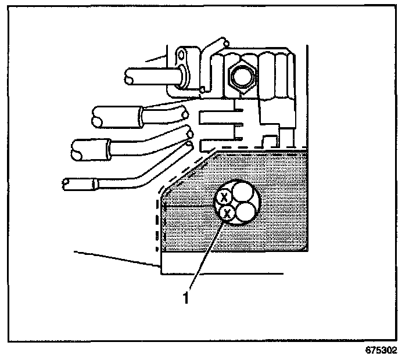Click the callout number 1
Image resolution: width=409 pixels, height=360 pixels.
point(185,298)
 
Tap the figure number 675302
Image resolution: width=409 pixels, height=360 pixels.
point(381,350)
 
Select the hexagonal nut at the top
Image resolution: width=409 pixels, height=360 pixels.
point(242,78)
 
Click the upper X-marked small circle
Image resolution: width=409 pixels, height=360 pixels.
point(224,197)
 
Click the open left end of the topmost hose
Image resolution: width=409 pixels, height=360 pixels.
point(129,80)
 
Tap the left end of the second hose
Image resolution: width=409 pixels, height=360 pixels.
point(97,122)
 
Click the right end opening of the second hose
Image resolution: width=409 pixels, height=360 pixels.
point(185,114)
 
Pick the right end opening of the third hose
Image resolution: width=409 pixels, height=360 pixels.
point(190,134)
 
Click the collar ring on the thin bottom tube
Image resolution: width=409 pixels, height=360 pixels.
point(95,184)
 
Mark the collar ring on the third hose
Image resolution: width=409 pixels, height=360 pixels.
point(107,150)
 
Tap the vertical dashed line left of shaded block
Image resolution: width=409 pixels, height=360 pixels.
point(157,224)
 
